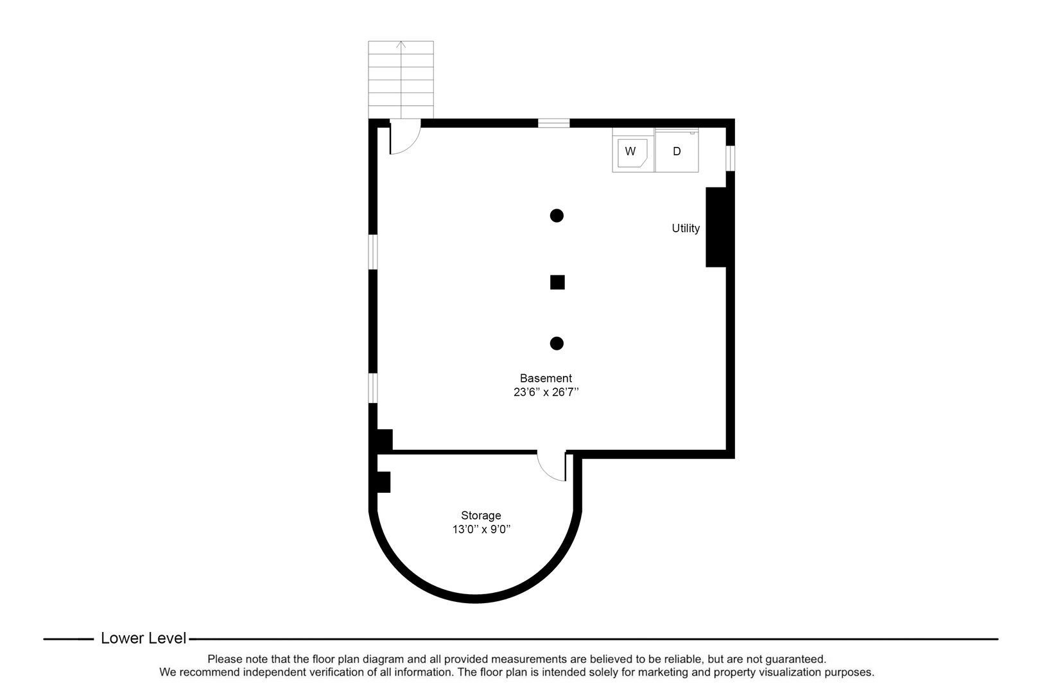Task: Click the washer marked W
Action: point(633,151)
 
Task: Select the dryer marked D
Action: point(677,151)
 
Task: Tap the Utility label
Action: point(686,228)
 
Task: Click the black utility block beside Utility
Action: point(716,227)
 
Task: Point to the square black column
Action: point(557,282)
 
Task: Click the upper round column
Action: point(557,216)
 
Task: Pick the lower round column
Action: point(557,343)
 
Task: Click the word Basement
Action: point(546,379)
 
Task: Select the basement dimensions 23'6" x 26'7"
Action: point(546,392)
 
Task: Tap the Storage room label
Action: point(481,515)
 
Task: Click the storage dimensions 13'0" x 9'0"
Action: point(481,529)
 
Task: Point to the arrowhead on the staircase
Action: point(401,44)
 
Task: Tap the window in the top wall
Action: point(554,123)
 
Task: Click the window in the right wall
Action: point(731,158)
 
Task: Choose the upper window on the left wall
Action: point(373,252)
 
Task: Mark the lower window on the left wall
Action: point(373,388)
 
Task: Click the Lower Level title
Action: point(143,638)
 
